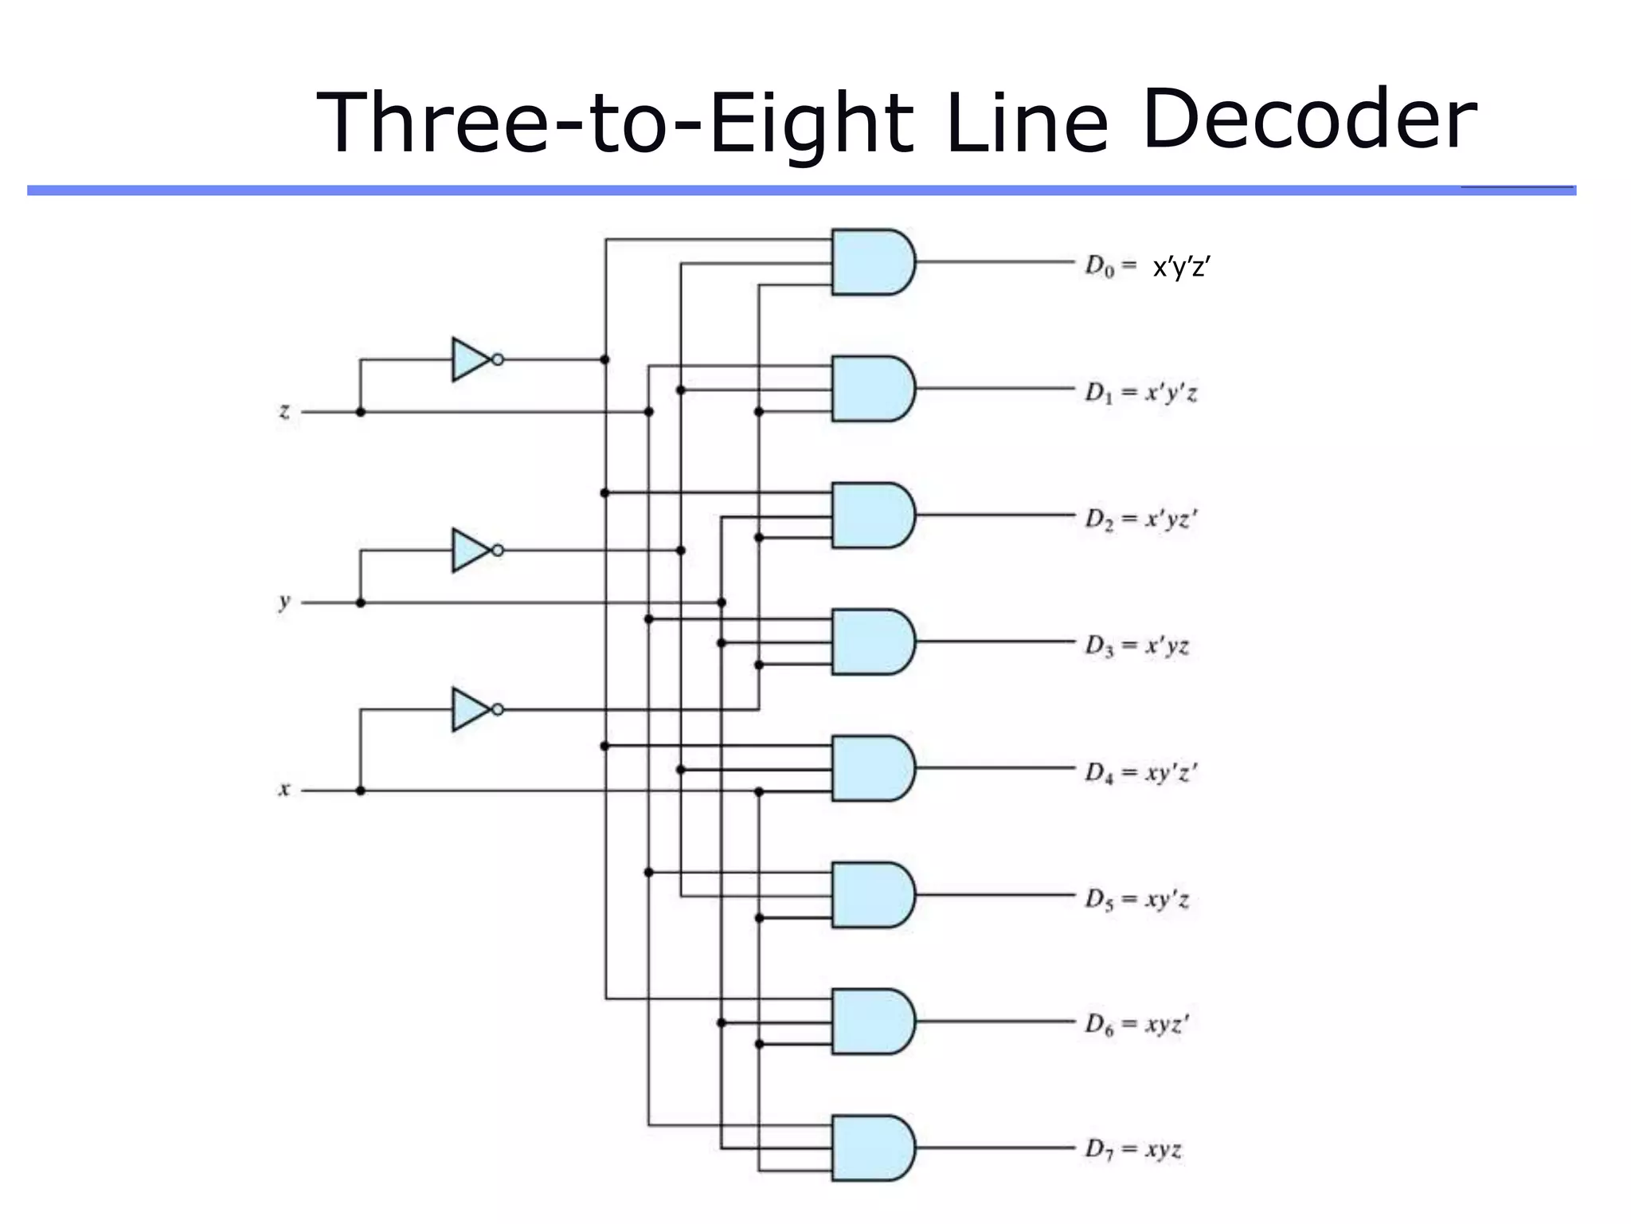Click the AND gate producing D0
872,262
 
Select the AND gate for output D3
872,641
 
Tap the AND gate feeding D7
872,1147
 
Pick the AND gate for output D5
872,894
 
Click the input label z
284,411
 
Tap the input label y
284,602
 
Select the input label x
284,790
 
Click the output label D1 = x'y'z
1140,392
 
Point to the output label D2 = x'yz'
1140,519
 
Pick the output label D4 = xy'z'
1140,772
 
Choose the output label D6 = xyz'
1136,1024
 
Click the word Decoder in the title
1308,120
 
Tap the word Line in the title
1027,124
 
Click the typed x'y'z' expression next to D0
1182,268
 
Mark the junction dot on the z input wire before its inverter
361,412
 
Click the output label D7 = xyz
1132,1149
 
